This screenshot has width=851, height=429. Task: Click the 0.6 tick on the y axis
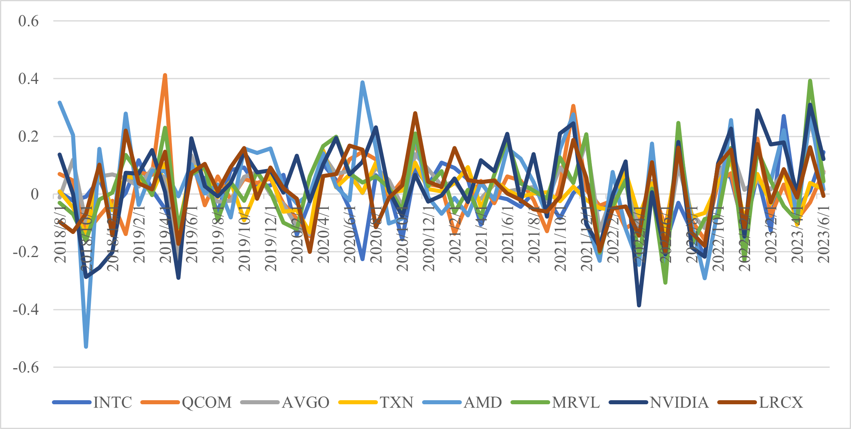(x=28, y=21)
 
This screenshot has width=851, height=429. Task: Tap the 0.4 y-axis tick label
(x=28, y=79)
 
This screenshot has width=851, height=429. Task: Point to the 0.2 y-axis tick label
(x=28, y=137)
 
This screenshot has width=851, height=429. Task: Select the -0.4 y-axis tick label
(x=26, y=310)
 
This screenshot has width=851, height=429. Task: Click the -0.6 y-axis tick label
(x=26, y=367)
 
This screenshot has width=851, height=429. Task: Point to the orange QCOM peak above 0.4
(x=165, y=75)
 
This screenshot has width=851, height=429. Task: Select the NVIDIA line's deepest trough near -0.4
(x=639, y=305)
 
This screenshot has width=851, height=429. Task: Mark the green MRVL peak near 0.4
(x=810, y=81)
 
